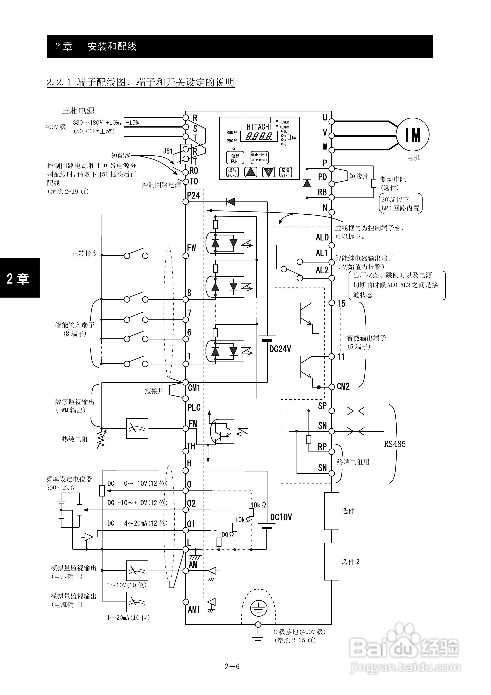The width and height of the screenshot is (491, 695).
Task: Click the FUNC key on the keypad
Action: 232,172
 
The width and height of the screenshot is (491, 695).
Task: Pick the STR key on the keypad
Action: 285,172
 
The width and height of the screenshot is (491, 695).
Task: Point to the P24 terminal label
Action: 194,195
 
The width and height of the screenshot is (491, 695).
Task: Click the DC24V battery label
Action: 280,349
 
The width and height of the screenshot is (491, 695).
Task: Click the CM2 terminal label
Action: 343,387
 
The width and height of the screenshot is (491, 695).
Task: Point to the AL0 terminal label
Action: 322,237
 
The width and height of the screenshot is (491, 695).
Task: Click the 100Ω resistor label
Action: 226,535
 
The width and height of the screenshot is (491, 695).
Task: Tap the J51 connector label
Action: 168,151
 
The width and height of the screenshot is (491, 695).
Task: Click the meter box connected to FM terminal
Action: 137,429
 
